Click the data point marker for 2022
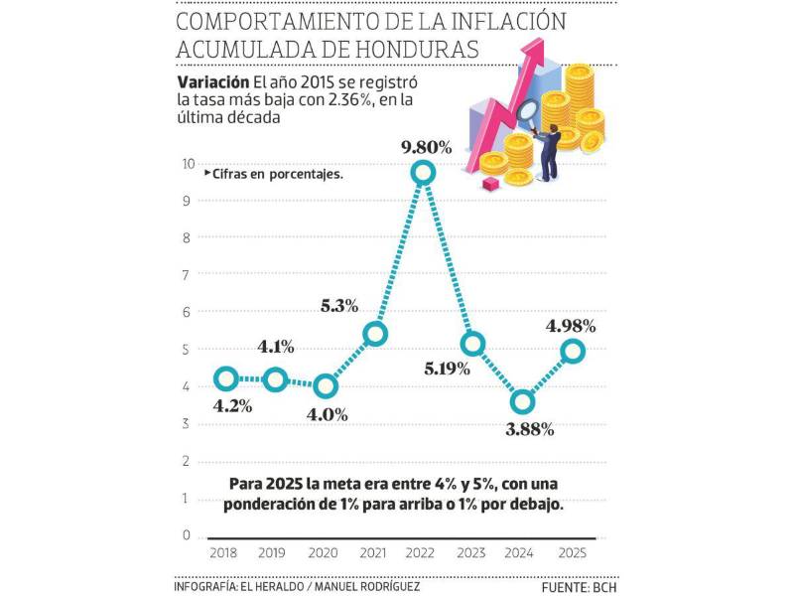pos(424,173)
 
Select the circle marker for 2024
pos(523,402)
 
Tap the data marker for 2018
pos(226,378)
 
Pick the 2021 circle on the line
pos(375,335)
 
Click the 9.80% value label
pos(426,147)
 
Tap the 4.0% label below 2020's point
pos(327,415)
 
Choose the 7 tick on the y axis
pos(187,275)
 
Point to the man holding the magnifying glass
pos(549,149)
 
